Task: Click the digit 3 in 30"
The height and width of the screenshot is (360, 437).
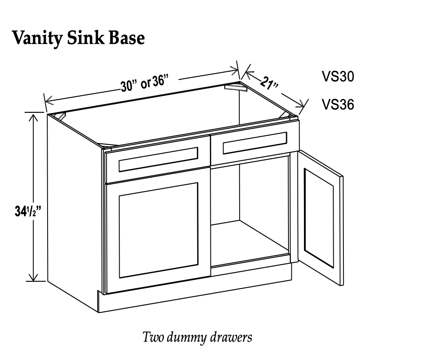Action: (124, 86)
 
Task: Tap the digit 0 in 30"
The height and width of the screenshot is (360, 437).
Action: (129, 86)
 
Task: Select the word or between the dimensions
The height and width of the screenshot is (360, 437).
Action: (146, 84)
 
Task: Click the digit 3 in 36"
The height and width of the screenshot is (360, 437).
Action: (155, 81)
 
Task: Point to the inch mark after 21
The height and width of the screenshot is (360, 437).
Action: (276, 86)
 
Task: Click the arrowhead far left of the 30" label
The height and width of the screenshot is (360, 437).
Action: (49, 101)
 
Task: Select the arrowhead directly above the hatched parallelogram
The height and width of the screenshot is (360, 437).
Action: (234, 70)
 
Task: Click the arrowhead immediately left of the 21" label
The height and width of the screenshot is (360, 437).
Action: (249, 75)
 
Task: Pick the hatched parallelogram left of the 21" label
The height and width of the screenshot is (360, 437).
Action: (236, 88)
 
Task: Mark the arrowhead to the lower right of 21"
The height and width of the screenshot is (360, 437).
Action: (300, 104)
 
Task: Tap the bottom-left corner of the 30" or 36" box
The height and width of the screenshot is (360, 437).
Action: (122, 98)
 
